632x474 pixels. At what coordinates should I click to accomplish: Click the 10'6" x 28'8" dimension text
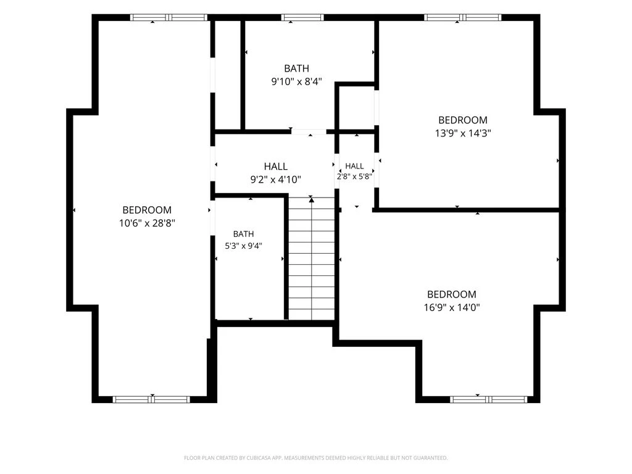click(147, 223)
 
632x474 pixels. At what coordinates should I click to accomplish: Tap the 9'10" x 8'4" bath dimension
click(297, 82)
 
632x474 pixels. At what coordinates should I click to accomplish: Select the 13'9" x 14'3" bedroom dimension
click(463, 133)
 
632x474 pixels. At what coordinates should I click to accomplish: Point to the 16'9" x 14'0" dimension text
click(452, 307)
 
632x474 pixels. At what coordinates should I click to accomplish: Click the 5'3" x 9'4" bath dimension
click(243, 246)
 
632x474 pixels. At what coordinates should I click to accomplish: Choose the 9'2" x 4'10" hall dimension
click(276, 180)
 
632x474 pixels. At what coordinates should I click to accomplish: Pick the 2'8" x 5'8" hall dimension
click(354, 176)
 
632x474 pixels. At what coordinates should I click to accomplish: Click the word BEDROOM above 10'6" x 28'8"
click(147, 210)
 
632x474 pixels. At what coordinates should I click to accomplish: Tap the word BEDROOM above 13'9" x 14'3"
click(463, 120)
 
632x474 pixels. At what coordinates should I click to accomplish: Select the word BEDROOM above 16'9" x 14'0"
click(452, 294)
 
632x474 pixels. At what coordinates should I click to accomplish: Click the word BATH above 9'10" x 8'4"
click(297, 69)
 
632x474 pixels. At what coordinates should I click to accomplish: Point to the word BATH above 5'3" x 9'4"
click(243, 234)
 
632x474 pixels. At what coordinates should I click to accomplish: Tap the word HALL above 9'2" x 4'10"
click(276, 167)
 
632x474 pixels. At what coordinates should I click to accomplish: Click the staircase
click(312, 259)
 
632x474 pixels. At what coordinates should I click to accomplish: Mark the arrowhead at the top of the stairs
click(311, 199)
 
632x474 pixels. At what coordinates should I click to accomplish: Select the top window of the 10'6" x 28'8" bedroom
click(168, 17)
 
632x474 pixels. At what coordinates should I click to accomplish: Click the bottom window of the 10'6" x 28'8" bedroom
click(151, 399)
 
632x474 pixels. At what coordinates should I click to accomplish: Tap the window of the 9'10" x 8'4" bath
click(302, 17)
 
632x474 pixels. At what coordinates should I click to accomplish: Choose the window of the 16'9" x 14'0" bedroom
click(489, 399)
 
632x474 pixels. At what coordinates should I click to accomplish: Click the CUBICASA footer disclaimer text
click(315, 458)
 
